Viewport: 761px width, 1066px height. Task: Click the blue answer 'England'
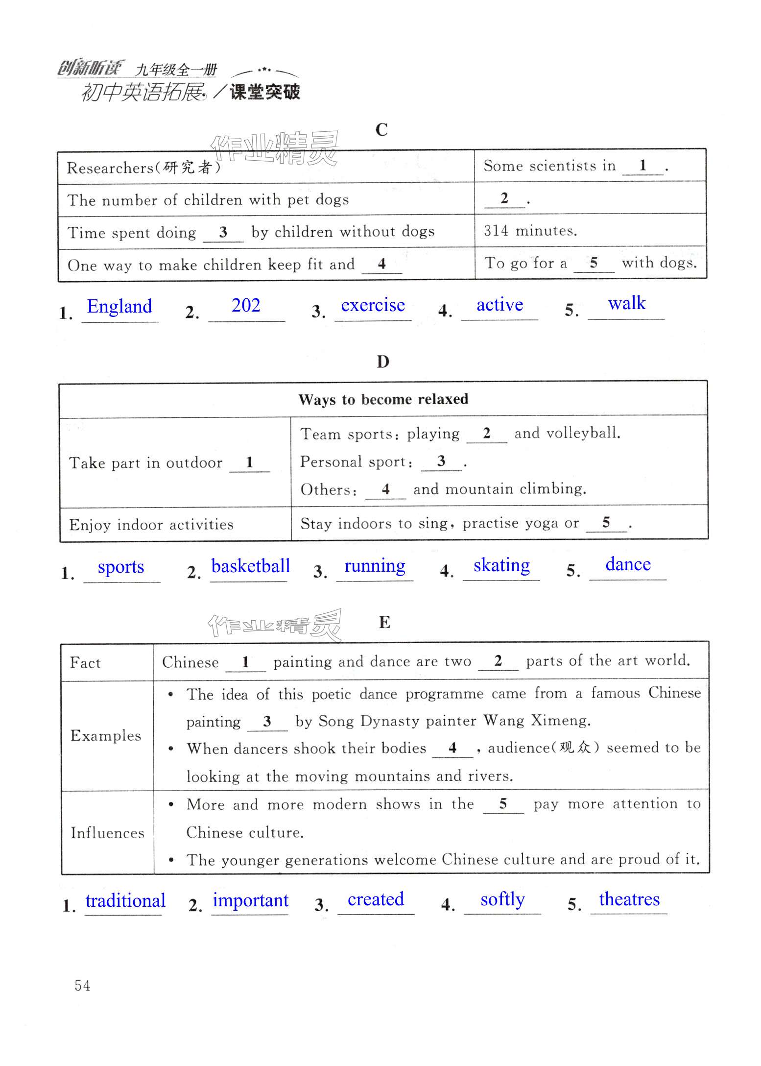tap(119, 307)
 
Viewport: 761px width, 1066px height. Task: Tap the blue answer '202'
tap(246, 306)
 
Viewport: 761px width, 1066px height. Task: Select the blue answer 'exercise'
tap(373, 305)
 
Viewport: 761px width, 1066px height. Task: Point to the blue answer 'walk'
tap(626, 303)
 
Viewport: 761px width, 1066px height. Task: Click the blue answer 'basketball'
tap(250, 566)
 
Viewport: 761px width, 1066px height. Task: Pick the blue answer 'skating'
tap(501, 565)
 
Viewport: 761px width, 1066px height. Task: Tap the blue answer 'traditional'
tap(125, 901)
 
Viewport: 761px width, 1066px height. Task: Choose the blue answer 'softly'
tap(502, 899)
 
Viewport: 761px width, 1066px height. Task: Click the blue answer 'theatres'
tap(629, 899)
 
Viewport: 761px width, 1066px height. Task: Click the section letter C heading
tap(381, 130)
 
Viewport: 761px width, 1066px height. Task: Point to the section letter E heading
tap(384, 622)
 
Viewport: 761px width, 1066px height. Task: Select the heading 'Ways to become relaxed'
tap(383, 399)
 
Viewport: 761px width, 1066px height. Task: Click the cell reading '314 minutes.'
tap(530, 231)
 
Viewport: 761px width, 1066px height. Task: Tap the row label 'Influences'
tap(107, 833)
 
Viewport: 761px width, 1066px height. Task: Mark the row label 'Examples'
tap(106, 735)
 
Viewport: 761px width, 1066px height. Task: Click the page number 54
tap(82, 986)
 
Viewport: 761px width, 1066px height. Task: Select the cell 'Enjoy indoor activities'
tap(151, 525)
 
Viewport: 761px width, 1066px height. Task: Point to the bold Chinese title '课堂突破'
tap(265, 92)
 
